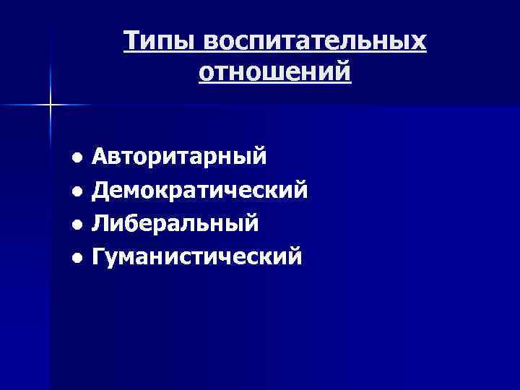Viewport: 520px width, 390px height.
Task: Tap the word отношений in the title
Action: point(274,72)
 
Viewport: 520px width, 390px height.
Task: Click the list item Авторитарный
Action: point(180,157)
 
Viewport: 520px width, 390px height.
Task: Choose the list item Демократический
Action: point(200,190)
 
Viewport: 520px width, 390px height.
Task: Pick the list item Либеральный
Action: point(175,222)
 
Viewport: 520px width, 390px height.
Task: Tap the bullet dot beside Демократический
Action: point(77,191)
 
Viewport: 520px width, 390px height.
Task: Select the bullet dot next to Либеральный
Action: point(77,225)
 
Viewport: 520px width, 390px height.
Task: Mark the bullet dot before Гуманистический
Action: point(77,257)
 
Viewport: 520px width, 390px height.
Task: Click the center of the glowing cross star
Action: point(51,105)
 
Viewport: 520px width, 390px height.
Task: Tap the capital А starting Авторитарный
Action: point(101,156)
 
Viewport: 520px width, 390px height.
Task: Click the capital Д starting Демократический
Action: point(102,190)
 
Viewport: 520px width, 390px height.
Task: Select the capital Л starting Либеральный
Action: point(100,222)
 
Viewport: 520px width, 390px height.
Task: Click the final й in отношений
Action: point(343,72)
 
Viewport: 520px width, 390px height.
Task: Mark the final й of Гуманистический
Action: point(294,255)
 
